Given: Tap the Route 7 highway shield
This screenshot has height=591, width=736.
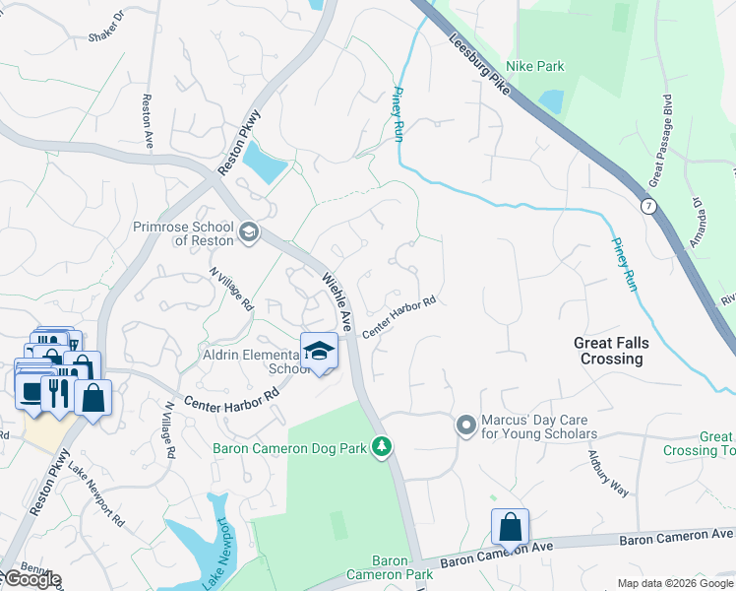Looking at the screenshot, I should pos(647,206).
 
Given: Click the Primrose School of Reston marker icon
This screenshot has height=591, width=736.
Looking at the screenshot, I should pos(248,231).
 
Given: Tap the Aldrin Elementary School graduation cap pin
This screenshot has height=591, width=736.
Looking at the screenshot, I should pos(319,351).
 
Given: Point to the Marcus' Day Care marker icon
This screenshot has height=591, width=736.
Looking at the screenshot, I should pos(466,426).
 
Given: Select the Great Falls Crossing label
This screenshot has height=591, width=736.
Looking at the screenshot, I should pos(609,351).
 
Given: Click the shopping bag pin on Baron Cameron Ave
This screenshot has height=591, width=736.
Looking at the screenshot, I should pos(511,527).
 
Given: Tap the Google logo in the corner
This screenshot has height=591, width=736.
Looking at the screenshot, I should pos(31,579).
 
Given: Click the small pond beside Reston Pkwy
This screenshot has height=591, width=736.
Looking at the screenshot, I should pos(265,161).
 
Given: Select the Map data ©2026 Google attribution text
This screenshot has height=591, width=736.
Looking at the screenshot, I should pos(675,583).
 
